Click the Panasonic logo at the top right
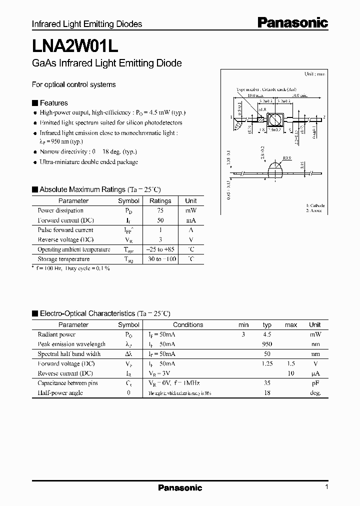coord(292,22)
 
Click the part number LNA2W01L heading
coord(75,45)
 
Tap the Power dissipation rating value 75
coord(160,210)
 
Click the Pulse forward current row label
coord(65,230)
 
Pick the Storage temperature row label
coord(63,259)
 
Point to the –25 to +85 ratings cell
coord(160,249)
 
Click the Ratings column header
coord(160,201)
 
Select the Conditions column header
coord(188,325)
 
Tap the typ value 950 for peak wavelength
coord(267,344)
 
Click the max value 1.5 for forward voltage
coord(290,364)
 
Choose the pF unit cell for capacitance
coord(314,383)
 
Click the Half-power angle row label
coord(60,393)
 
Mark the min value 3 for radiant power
coord(243,334)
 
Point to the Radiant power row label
coord(56,334)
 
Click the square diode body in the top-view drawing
coord(274,120)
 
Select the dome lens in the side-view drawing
coord(276,169)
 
